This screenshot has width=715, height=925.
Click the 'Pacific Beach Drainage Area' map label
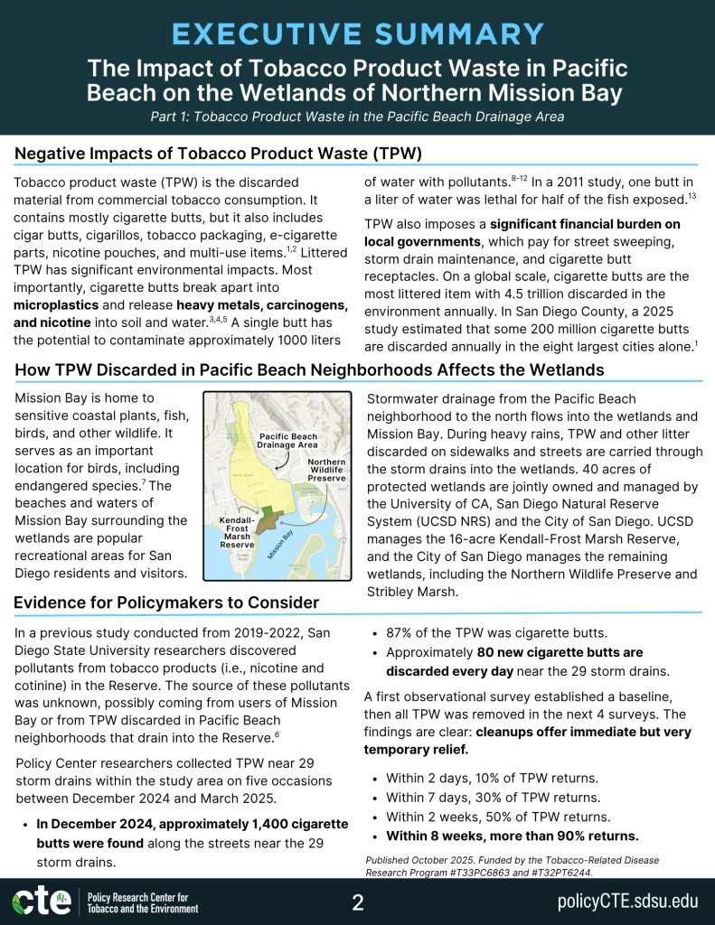pyautogui.click(x=288, y=440)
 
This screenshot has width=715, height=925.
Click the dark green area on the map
pyautogui.click(x=268, y=520)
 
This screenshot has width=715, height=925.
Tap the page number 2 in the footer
pyautogui.click(x=357, y=902)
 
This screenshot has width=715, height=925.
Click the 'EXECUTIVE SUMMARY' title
pyautogui.click(x=357, y=34)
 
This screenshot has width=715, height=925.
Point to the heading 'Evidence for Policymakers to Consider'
pyautogui.click(x=166, y=603)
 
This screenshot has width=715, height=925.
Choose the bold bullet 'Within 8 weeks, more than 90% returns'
pyautogui.click(x=512, y=835)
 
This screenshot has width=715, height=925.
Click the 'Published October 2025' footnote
pyautogui.click(x=513, y=866)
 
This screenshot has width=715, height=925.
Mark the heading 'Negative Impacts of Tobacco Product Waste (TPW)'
pyautogui.click(x=218, y=153)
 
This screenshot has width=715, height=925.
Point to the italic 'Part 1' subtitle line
pyautogui.click(x=357, y=116)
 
